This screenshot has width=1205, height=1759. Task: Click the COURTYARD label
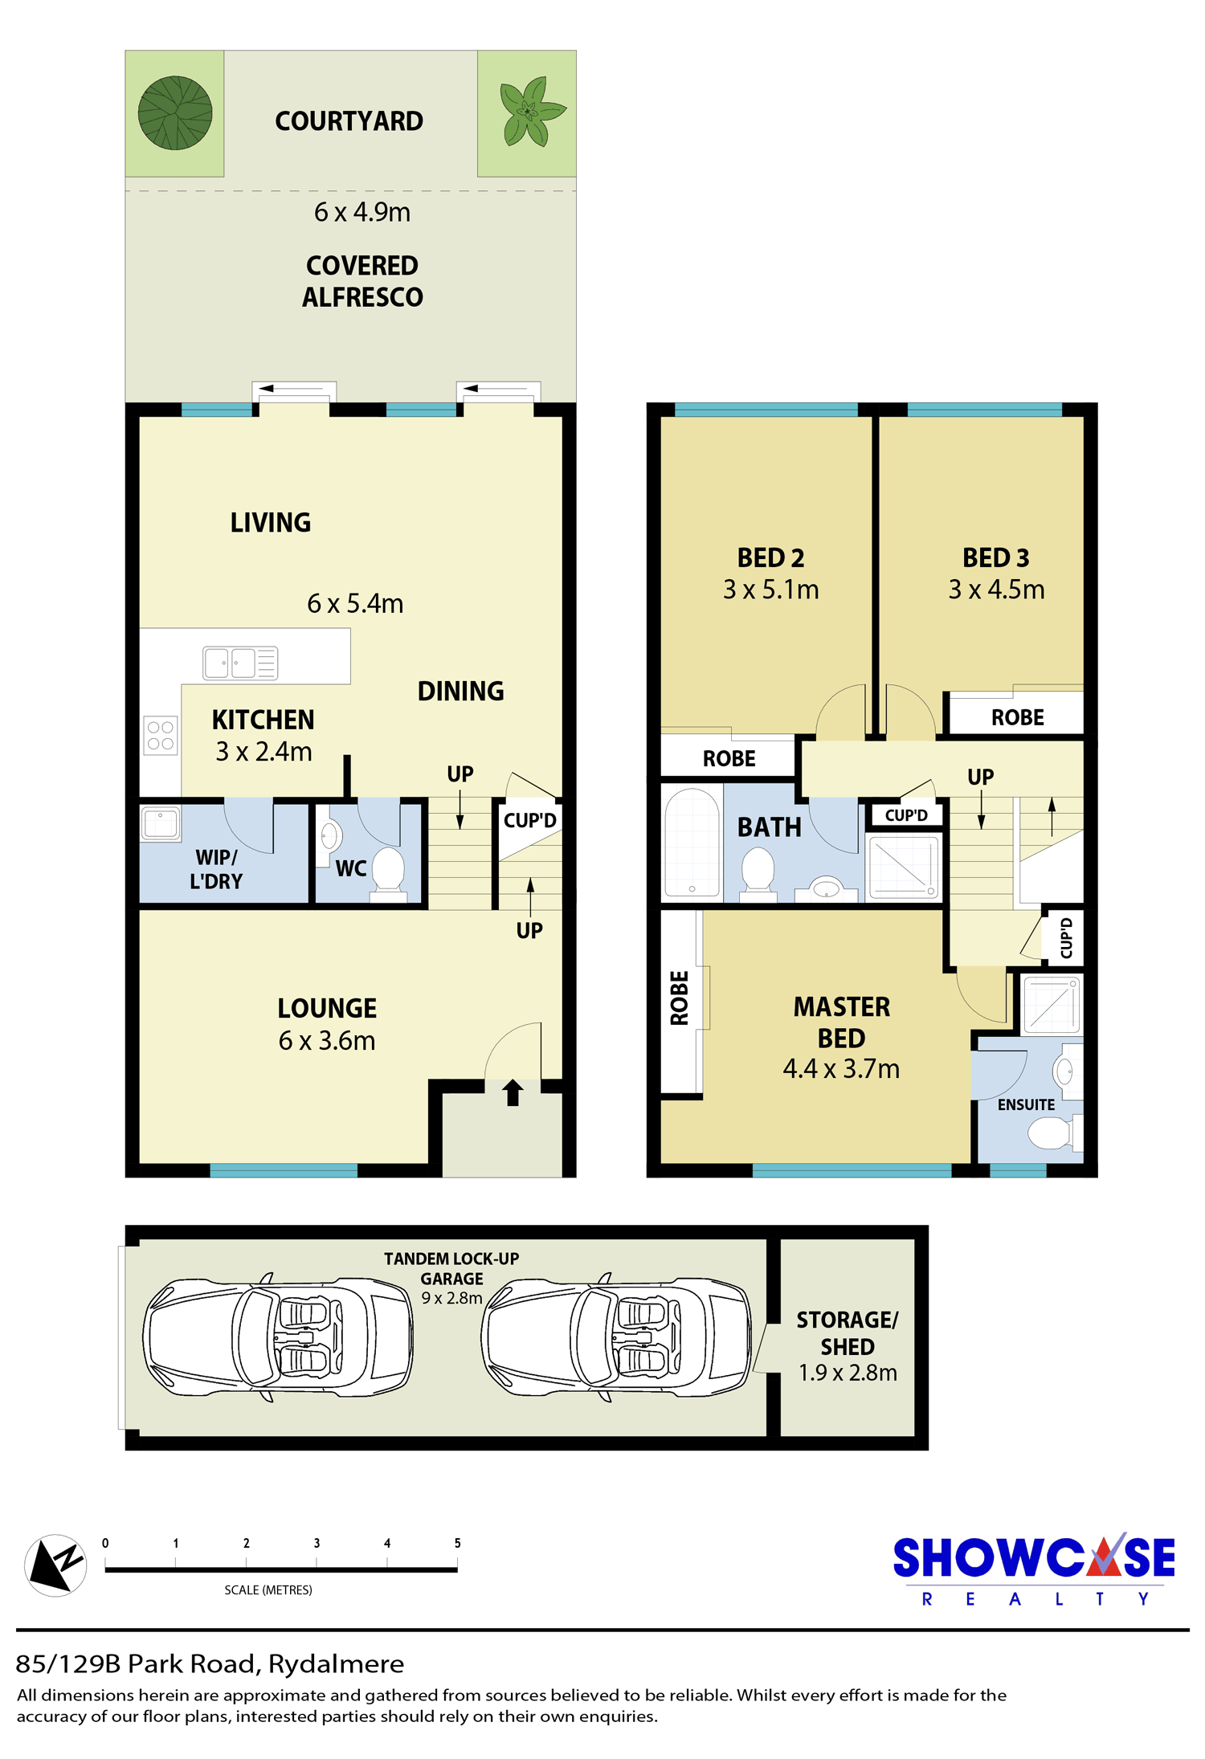click(x=349, y=121)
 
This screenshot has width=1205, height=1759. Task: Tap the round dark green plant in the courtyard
click(x=175, y=113)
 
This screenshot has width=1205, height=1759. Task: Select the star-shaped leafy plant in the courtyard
click(x=529, y=111)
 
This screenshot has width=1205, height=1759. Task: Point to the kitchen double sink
click(x=240, y=663)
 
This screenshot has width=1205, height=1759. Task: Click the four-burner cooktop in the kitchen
click(x=161, y=735)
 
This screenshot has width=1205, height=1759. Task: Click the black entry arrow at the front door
click(x=513, y=1092)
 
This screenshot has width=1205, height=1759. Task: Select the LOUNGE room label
click(x=327, y=1008)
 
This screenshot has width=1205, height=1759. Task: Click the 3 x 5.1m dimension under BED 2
click(x=771, y=590)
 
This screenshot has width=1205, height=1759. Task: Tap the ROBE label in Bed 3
click(x=1018, y=717)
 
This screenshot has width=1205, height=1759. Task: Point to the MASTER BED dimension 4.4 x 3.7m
click(x=841, y=1069)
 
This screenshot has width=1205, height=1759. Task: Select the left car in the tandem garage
click(x=278, y=1337)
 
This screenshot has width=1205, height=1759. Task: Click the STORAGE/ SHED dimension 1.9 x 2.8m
click(x=848, y=1373)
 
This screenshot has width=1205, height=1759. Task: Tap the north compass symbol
click(x=55, y=1565)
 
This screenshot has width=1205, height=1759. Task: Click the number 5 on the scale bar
click(x=457, y=1543)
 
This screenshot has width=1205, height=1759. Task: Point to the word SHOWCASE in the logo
click(x=1034, y=1557)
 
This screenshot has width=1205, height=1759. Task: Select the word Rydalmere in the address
click(x=336, y=1664)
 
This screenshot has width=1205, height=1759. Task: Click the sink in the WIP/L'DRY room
click(x=161, y=823)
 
